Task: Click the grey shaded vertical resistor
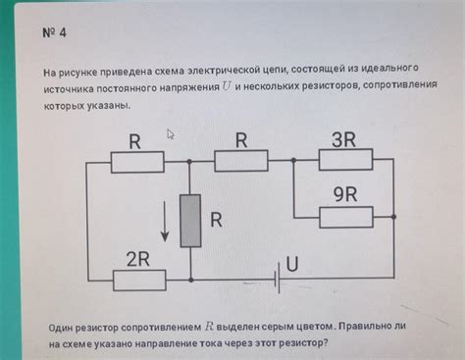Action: (189, 220)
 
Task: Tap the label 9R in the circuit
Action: (345, 194)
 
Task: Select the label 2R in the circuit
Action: (136, 259)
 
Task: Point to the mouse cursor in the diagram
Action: (171, 135)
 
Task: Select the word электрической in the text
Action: (229, 72)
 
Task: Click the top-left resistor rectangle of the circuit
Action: (136, 162)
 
